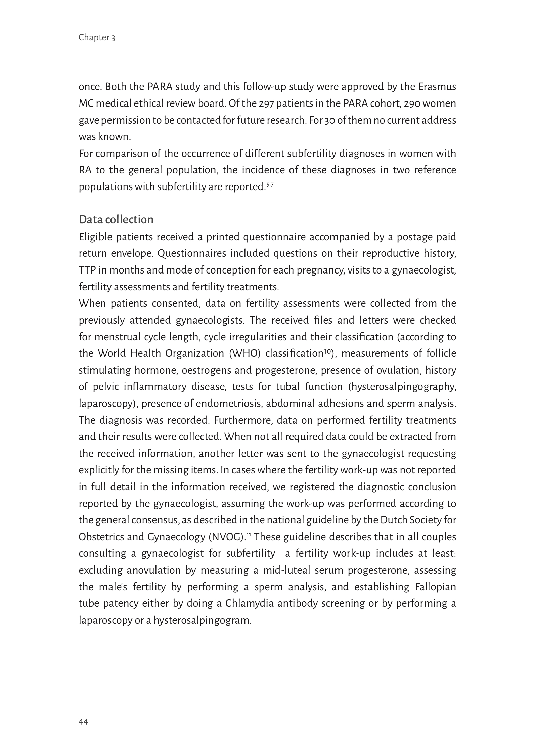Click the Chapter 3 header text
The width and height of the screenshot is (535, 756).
97,38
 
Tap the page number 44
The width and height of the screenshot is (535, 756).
83,721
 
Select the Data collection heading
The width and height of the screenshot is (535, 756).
116,220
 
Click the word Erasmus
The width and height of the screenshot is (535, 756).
437,87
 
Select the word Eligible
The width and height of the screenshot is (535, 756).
95,237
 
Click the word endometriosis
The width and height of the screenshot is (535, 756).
229,404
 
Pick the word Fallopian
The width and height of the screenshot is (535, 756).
435,587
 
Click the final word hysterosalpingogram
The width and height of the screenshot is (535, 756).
203,620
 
